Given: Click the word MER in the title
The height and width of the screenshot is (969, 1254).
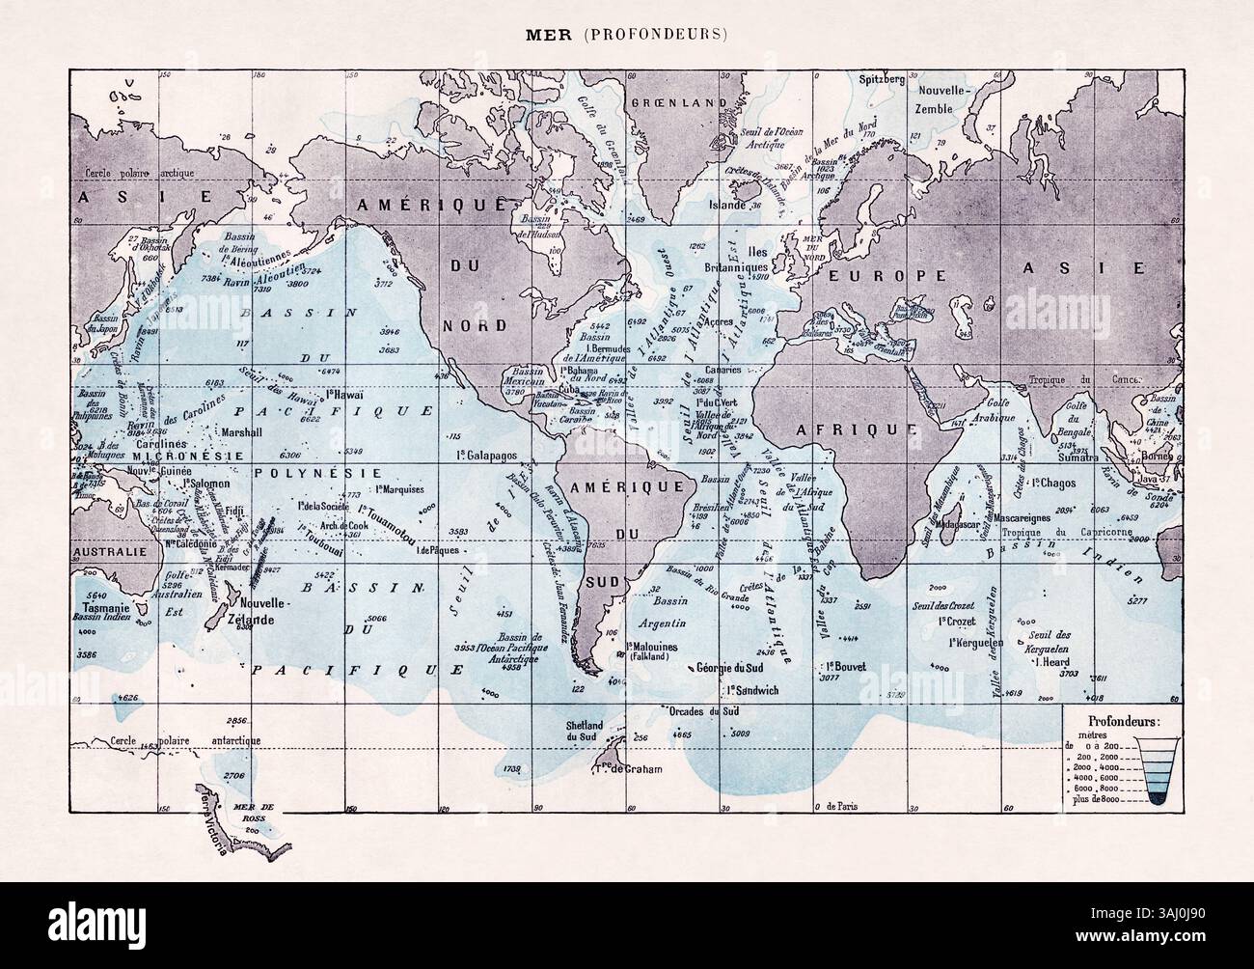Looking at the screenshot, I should (x=542, y=40).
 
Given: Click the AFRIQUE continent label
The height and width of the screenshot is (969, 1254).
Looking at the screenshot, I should (x=841, y=429).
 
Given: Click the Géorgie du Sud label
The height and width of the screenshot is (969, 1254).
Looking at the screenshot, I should (x=747, y=668).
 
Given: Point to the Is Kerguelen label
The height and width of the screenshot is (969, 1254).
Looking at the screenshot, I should (x=976, y=642).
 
